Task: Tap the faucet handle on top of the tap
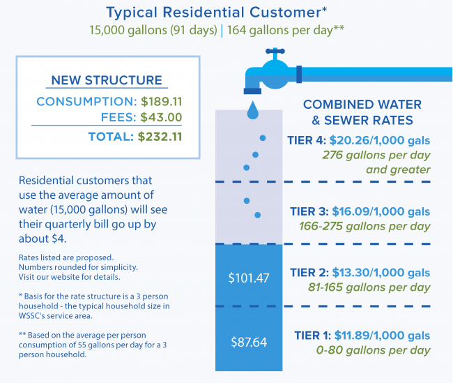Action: [277, 53]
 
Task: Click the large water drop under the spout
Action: [252, 111]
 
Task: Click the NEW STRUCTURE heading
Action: [107, 80]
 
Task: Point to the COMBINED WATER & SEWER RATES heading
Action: [362, 112]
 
